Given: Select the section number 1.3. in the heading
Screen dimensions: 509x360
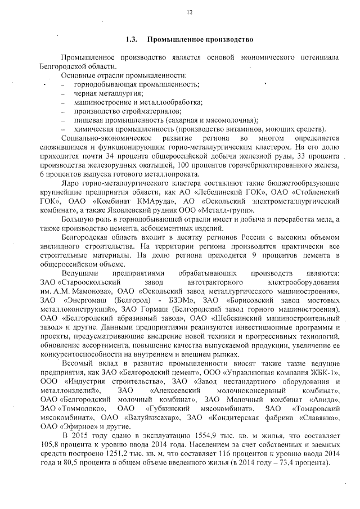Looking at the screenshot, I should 132,40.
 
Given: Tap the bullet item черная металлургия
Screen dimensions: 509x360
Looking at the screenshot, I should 108,93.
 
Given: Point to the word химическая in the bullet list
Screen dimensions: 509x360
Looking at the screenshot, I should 93,128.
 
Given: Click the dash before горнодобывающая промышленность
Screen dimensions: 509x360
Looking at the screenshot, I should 63,84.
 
